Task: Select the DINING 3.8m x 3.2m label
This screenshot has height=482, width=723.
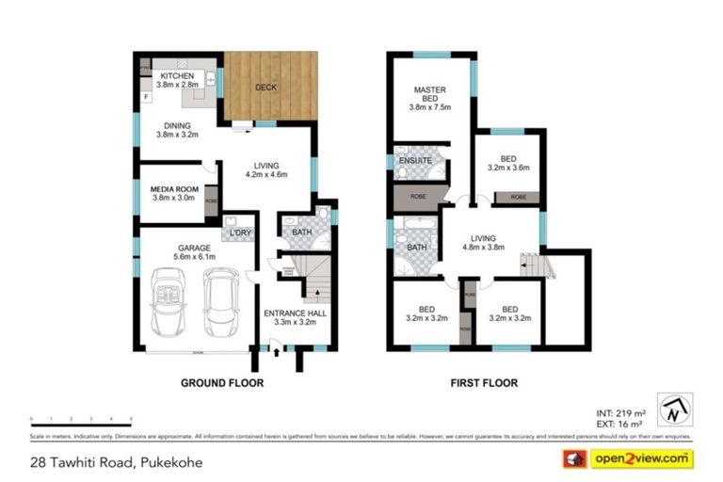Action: pos(177,130)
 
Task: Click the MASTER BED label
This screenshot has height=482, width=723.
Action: pos(429,95)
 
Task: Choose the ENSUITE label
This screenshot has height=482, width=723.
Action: pos(415,161)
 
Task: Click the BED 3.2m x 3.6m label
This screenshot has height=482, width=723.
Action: pos(507,162)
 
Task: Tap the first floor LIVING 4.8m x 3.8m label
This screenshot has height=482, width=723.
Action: pos(484,243)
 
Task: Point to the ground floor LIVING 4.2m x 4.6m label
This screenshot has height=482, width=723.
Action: pos(265,169)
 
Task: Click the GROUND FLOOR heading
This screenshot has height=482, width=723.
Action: pos(222,383)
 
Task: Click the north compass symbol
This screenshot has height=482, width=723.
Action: pos(675,410)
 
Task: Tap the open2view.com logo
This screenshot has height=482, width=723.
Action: pos(639,458)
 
